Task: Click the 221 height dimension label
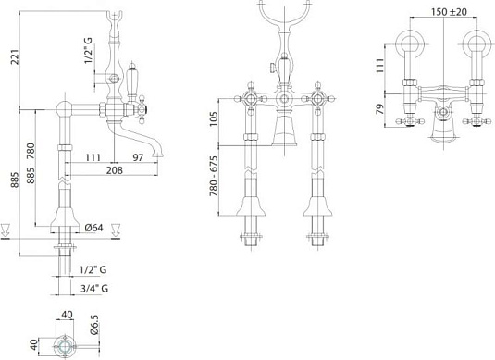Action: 16,56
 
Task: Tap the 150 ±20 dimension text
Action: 450,12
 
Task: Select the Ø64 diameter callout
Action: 93,228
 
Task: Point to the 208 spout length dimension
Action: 115,170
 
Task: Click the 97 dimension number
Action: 138,157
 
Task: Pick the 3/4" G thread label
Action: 94,288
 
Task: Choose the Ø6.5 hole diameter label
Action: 94,325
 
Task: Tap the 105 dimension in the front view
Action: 214,118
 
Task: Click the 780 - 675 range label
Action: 214,176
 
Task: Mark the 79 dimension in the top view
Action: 380,109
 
